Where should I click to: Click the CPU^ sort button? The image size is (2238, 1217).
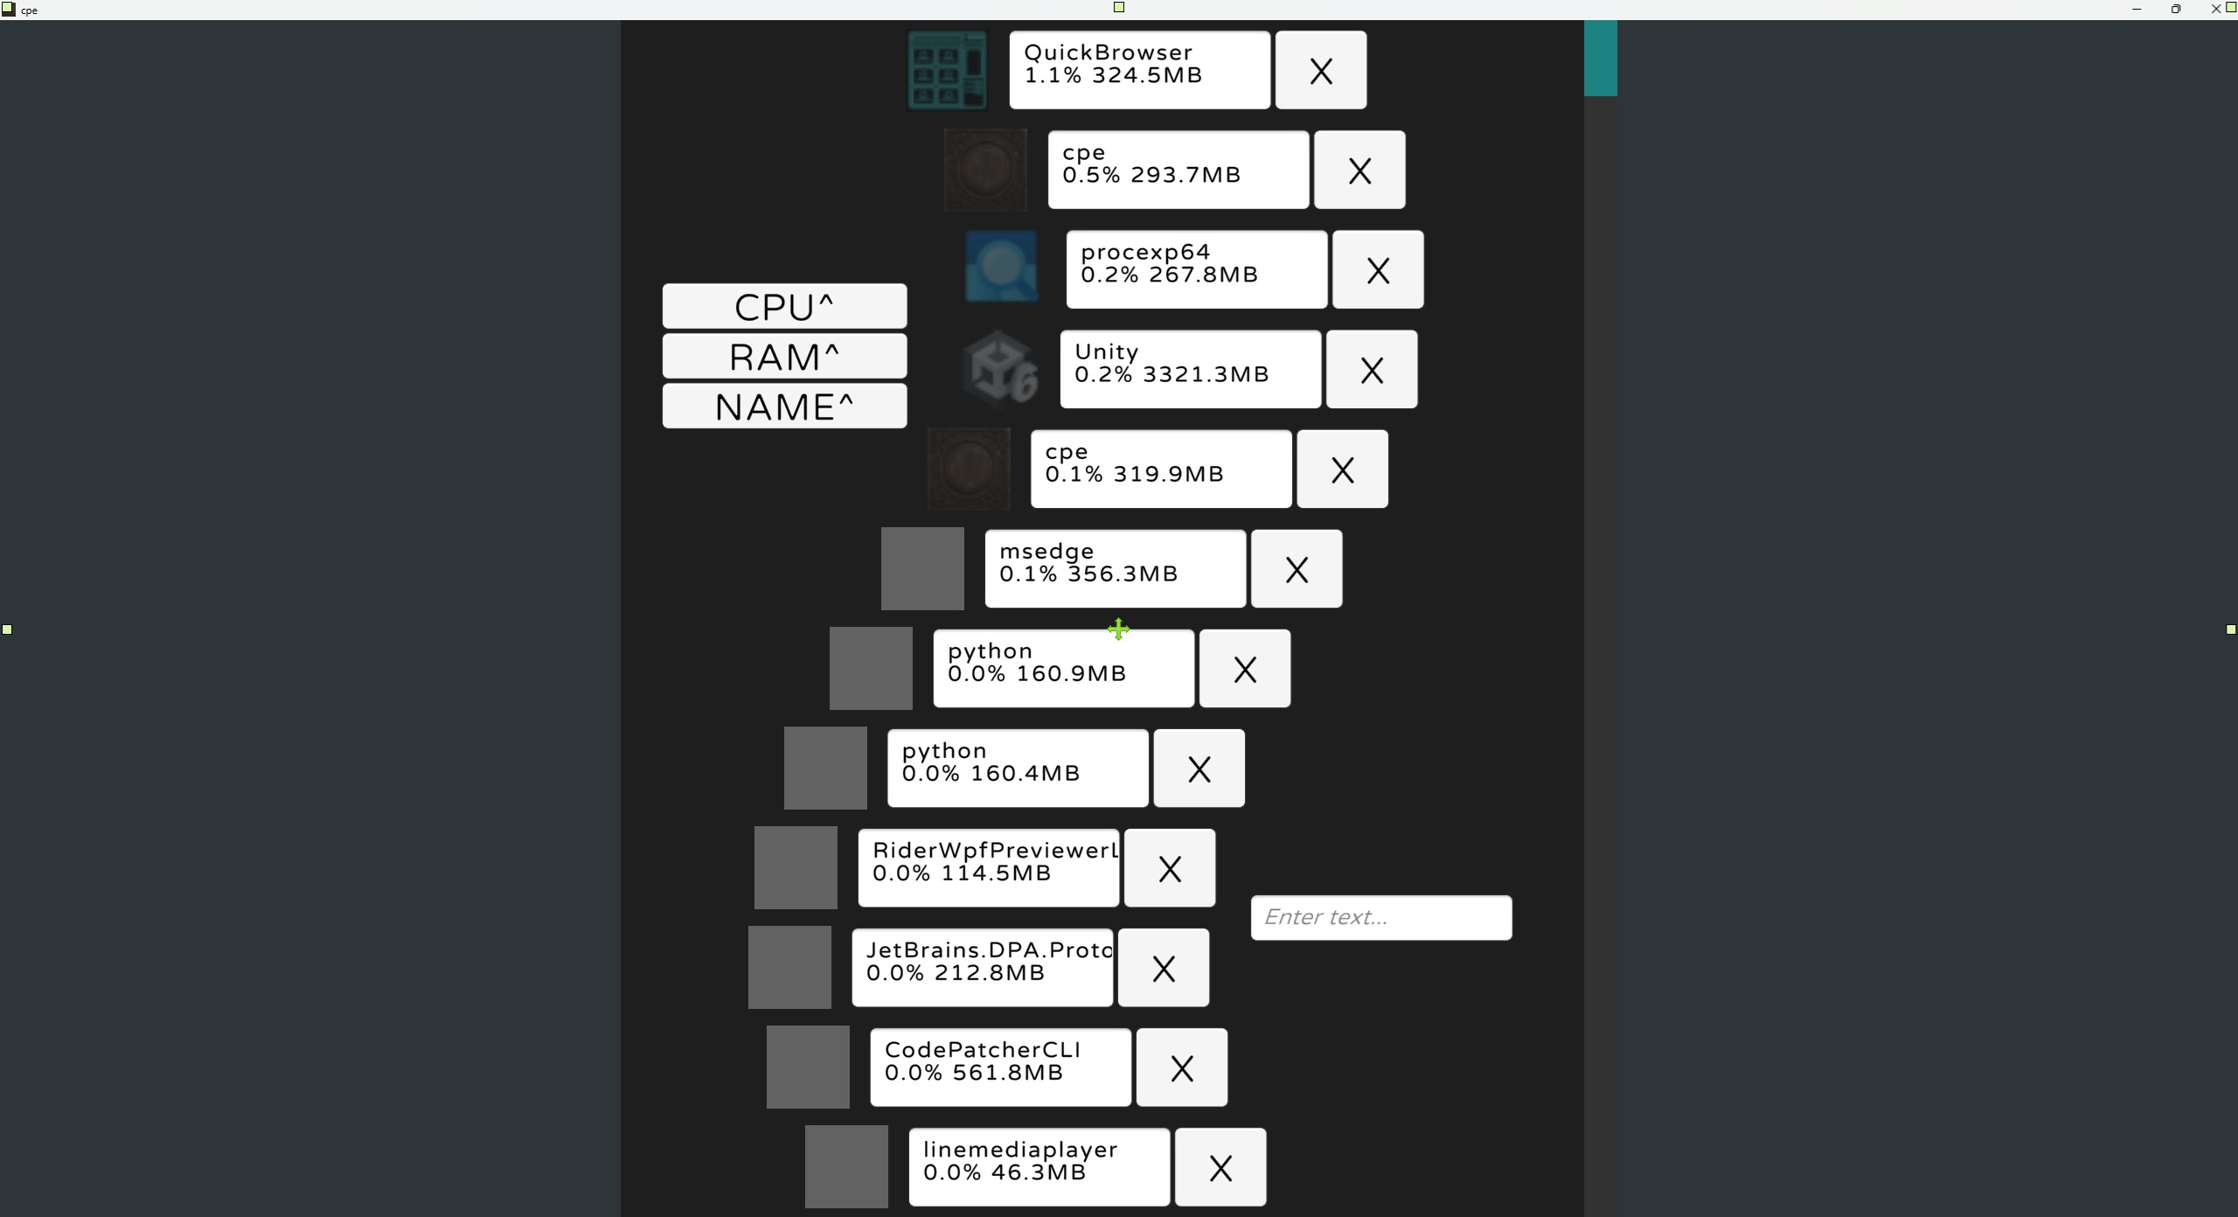point(784,306)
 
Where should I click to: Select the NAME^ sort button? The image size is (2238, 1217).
point(784,406)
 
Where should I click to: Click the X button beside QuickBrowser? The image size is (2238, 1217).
point(1320,70)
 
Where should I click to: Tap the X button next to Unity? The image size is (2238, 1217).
point(1371,369)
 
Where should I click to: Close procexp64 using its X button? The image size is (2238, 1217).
point(1377,269)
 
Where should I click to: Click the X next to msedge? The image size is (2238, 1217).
point(1296,568)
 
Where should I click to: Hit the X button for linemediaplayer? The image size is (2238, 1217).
point(1220,1166)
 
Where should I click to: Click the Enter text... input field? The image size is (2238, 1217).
point(1380,917)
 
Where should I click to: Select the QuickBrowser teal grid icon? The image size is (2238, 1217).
point(947,70)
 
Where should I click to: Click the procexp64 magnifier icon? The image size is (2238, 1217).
point(1001,267)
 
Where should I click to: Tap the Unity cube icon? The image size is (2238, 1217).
point(999,369)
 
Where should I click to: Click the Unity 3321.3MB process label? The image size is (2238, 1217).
point(1190,369)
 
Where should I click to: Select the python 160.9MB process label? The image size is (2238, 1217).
point(1063,668)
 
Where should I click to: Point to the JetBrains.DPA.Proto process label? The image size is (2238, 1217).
point(982,967)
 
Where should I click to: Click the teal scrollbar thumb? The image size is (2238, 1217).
point(1600,58)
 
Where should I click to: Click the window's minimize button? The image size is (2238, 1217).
point(2136,10)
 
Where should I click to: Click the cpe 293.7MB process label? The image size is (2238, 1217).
point(1178,170)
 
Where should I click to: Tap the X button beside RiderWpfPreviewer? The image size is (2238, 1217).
point(1169,867)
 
